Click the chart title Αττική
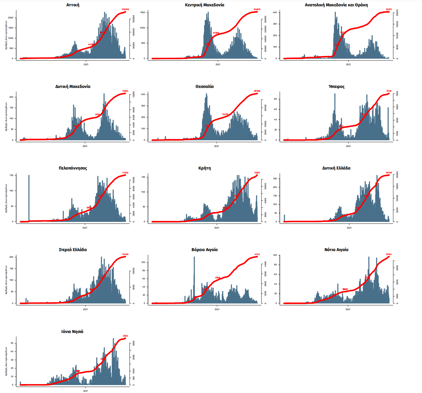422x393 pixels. [x=73, y=5]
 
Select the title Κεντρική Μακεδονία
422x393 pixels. [x=205, y=5]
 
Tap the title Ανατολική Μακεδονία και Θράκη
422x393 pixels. [x=336, y=5]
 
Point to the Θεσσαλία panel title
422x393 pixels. [x=205, y=87]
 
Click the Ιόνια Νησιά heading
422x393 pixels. [x=72, y=331]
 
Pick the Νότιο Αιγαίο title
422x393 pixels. [x=336, y=250]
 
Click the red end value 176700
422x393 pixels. [x=125, y=10]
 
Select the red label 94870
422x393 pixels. [x=257, y=10]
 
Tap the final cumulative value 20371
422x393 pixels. [x=389, y=10]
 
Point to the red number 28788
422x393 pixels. [x=257, y=91]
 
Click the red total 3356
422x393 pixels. [x=125, y=336]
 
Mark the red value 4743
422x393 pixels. [x=257, y=254]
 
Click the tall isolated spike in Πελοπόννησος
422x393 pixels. [x=29, y=197]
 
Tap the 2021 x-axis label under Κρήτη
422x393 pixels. [x=217, y=228]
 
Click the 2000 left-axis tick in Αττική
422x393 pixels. [x=11, y=18]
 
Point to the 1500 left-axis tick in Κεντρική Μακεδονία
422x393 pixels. [x=143, y=13]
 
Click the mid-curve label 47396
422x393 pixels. [x=216, y=33]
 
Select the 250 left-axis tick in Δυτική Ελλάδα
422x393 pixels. [x=275, y=179]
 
